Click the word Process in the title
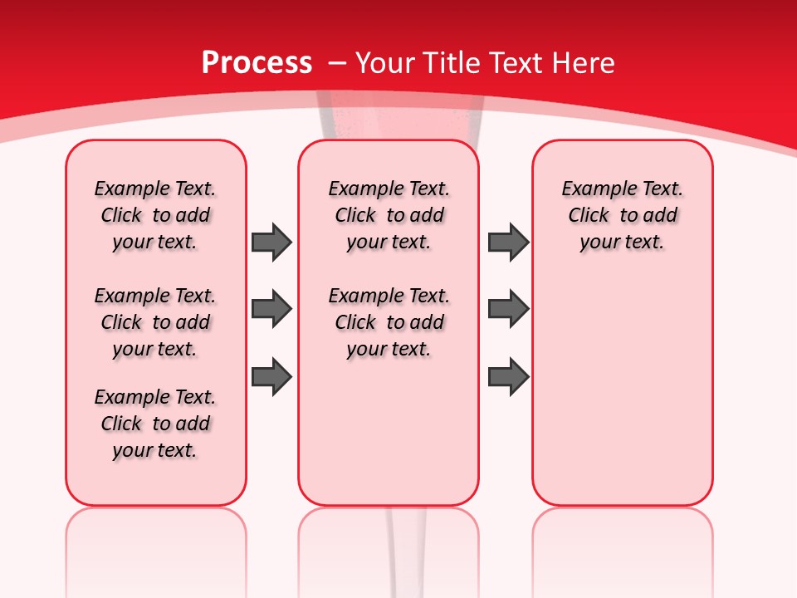(x=257, y=62)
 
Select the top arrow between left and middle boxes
(x=271, y=243)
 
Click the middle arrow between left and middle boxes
(x=271, y=310)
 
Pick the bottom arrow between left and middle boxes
(x=271, y=376)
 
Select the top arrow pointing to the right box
(x=508, y=243)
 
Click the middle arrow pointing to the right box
(x=508, y=310)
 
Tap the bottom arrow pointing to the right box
(x=508, y=376)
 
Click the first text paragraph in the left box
(x=155, y=215)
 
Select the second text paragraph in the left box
(x=155, y=322)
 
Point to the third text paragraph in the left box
(x=155, y=424)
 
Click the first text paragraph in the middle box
(x=389, y=215)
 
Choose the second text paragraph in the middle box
(x=389, y=322)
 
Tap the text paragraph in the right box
(x=622, y=215)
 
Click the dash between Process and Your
(x=336, y=62)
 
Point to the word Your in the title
(x=384, y=62)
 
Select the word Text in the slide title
(x=517, y=62)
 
